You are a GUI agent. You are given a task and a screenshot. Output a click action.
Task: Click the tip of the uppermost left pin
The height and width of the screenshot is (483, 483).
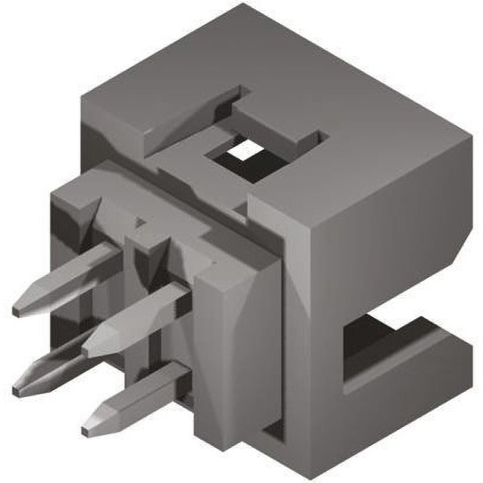click(17, 310)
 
